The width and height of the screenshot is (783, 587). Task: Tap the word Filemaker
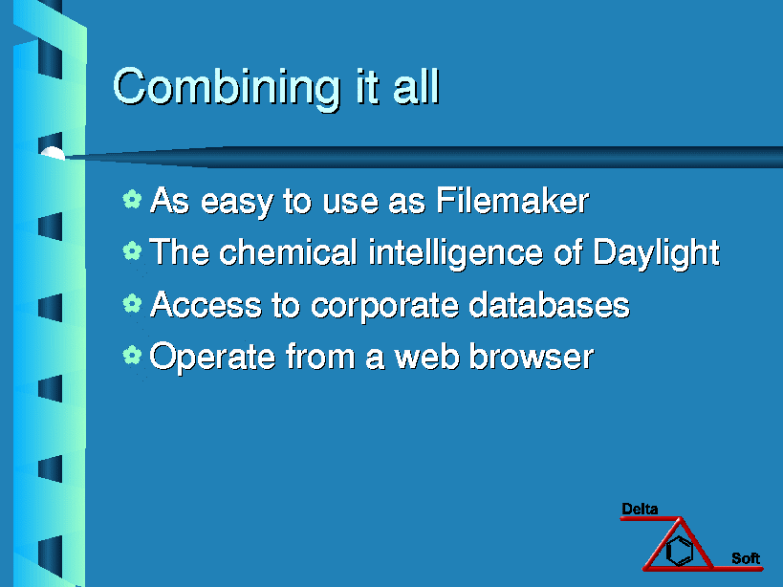tap(512, 201)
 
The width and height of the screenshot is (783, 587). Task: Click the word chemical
tap(288, 251)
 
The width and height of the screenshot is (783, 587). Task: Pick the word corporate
tap(384, 306)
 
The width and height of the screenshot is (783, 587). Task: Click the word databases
tap(550, 304)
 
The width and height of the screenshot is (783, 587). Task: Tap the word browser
tap(532, 357)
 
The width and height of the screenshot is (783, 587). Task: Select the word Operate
tap(213, 358)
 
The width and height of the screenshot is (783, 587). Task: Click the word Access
tap(206, 304)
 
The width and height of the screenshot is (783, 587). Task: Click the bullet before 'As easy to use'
tap(132, 199)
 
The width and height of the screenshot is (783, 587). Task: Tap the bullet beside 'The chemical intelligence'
tap(132, 250)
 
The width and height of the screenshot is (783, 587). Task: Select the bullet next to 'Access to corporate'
tap(132, 303)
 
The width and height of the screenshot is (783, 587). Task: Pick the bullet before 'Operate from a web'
tap(132, 355)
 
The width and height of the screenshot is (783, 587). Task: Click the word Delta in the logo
tap(640, 510)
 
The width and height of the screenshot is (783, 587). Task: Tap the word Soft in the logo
tap(746, 558)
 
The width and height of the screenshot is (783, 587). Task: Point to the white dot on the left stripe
tap(53, 153)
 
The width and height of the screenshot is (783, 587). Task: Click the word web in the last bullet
tap(427, 357)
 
